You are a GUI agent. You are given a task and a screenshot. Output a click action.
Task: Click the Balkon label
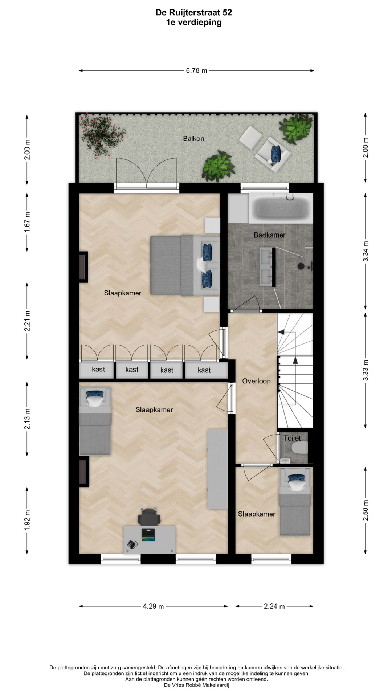tap(193, 139)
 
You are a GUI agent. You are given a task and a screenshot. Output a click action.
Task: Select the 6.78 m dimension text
tap(196, 70)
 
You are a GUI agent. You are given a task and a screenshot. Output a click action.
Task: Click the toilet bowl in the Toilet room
tap(299, 448)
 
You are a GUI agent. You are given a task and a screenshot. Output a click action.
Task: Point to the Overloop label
tap(256, 381)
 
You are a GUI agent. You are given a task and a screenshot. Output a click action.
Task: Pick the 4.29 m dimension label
tap(153, 606)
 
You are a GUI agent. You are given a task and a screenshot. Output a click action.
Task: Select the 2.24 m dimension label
tap(274, 606)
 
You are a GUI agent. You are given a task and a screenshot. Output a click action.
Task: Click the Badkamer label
tap(269, 235)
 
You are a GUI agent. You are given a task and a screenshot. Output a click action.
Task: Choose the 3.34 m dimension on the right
tap(366, 251)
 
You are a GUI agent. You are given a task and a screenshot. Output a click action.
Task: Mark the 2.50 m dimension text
tap(366, 510)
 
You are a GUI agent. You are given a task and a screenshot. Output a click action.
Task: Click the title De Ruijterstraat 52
tap(194, 13)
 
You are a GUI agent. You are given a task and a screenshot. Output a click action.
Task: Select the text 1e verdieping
tap(194, 23)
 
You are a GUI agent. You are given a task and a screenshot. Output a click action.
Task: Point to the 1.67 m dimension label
tap(27, 222)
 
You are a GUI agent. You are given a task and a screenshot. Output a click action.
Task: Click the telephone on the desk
tap(132, 544)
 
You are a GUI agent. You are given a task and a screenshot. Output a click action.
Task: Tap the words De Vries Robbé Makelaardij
tap(196, 685)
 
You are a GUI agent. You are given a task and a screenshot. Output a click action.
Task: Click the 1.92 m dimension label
tap(27, 520)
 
